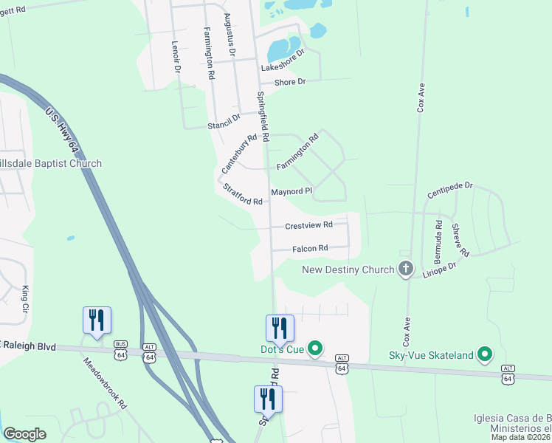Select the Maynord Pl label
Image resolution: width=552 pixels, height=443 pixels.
pos(291,191)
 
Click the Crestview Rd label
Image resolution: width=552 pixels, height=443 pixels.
pos(308,225)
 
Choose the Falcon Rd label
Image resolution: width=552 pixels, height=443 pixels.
pos(310,249)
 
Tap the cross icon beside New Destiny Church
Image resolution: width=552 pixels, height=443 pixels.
pos(405,269)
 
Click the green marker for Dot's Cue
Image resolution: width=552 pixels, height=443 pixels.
pos(316,347)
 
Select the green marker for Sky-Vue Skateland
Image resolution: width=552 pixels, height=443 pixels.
pos(485,355)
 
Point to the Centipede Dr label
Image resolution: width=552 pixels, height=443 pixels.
pos(449,191)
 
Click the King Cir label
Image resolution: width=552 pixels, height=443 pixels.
pos(26,298)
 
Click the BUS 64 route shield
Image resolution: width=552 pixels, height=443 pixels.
pos(120,351)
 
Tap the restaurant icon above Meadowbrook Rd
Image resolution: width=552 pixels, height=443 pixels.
pos(97,320)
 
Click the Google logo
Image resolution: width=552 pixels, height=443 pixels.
pos(25,434)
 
